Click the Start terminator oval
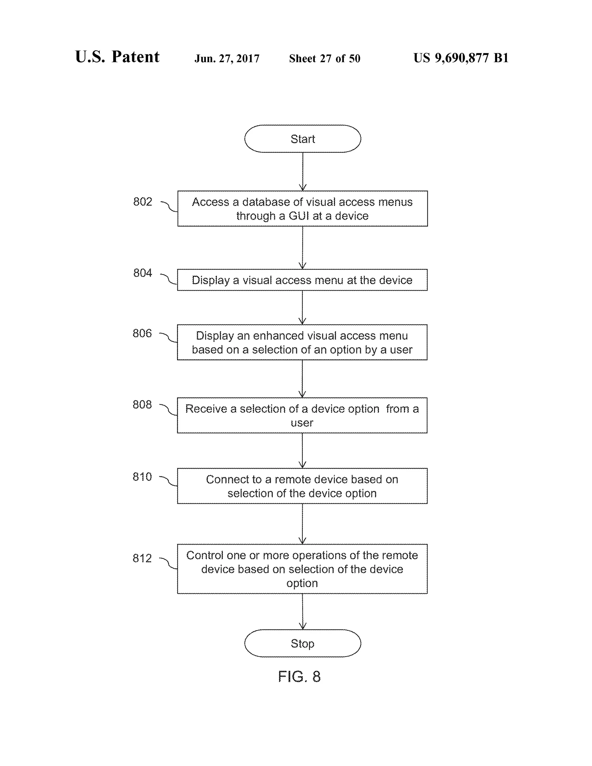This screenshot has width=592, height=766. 302,138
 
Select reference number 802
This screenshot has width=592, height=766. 143,202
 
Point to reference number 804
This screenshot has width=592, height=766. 143,273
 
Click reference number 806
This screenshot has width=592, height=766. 142,333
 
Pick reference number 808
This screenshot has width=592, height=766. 142,404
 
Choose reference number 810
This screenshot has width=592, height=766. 142,477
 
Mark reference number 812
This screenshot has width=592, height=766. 142,558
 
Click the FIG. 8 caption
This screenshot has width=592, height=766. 299,677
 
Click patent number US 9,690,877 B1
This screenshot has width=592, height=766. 461,58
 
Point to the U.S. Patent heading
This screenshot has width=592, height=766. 117,57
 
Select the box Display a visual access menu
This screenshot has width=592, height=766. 302,280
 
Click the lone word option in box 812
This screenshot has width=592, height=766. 302,583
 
